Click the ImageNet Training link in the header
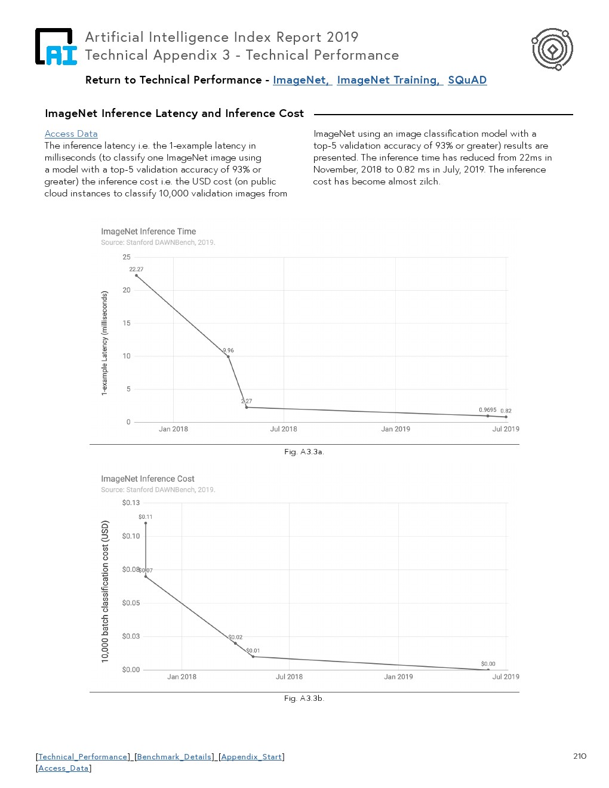click(388, 80)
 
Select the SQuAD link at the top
click(467, 80)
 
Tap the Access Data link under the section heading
click(71, 134)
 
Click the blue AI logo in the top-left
click(56, 47)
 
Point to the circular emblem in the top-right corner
click(552, 49)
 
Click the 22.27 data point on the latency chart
click(137, 276)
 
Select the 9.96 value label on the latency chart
click(228, 350)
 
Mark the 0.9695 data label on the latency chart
click(487, 410)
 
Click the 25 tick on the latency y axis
click(127, 257)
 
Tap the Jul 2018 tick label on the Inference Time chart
click(284, 429)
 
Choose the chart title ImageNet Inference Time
click(148, 232)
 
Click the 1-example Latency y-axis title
click(105, 343)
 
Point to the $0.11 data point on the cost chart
click(146, 524)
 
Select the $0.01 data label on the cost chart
click(253, 651)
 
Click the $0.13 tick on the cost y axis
click(131, 503)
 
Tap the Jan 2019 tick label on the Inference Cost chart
click(398, 677)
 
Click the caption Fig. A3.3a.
click(304, 452)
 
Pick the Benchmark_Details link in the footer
click(174, 757)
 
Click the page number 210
click(580, 756)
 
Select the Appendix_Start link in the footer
click(251, 757)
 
